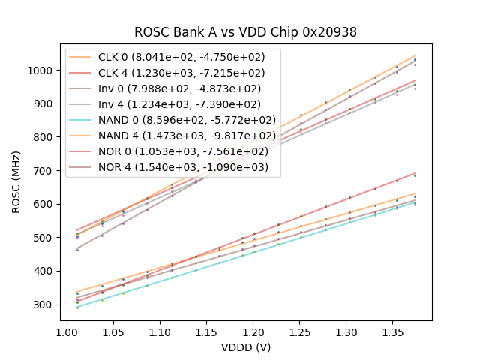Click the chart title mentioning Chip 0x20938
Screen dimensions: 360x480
tap(245, 32)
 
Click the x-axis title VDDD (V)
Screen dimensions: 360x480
tap(245, 347)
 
